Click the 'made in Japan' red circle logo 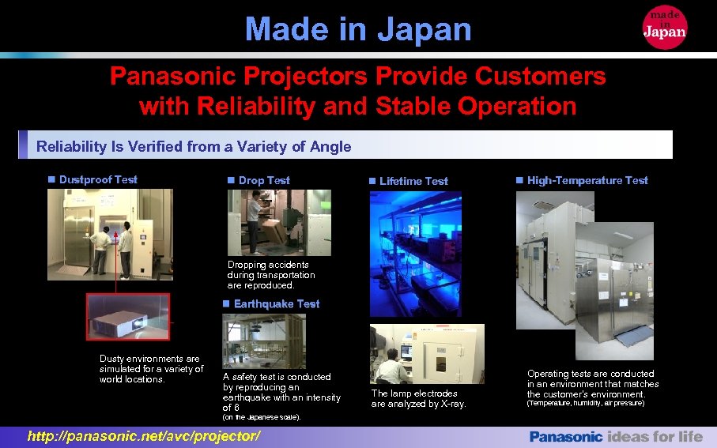(665, 26)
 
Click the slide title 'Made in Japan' (358, 29)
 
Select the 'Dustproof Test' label (98, 179)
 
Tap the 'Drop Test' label (264, 180)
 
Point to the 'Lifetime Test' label (413, 181)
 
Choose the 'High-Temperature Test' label (587, 180)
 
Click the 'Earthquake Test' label (277, 303)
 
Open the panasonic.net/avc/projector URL (143, 436)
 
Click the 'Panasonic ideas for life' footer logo (616, 436)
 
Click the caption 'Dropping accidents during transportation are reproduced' (271, 275)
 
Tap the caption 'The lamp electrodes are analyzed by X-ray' (419, 398)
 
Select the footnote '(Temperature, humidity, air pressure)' (586, 404)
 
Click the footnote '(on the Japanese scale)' (262, 416)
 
